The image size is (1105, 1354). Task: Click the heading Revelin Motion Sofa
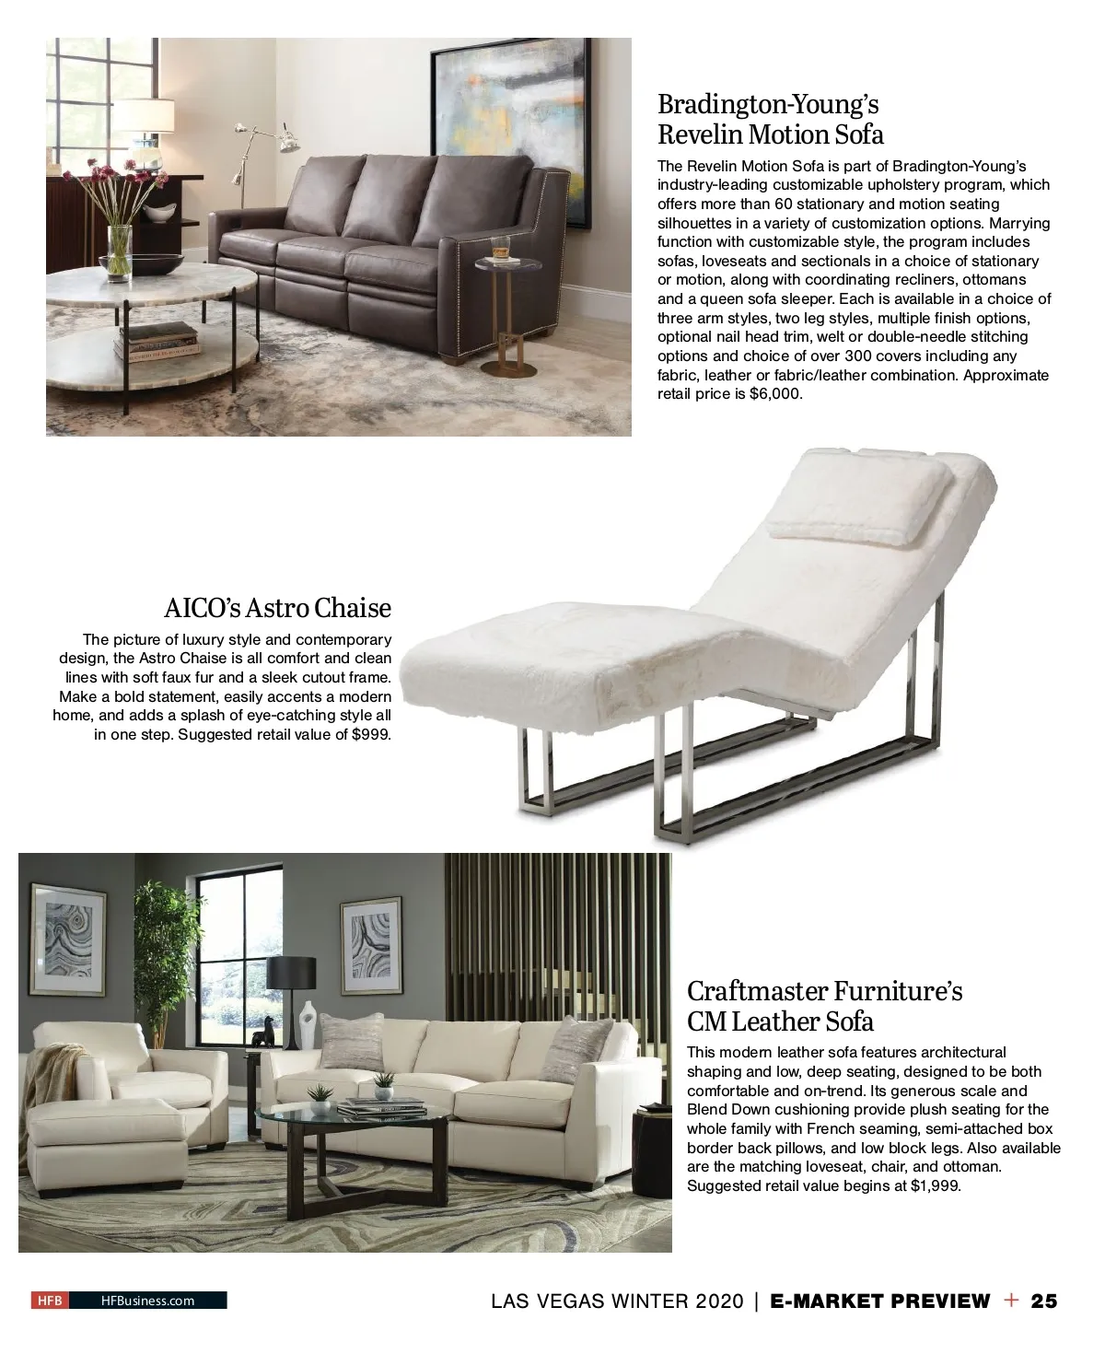pos(770,134)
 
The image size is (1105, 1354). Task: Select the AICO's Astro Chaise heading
pos(277,608)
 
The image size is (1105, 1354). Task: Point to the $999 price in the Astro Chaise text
pos(371,735)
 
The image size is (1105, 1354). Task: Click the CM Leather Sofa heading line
pos(780,1021)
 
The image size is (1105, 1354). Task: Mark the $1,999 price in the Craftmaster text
pos(935,1186)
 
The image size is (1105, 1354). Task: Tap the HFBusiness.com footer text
pos(147,1301)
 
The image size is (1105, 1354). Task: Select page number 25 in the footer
pos(1044,1301)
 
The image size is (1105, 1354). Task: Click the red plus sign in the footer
pos(1012,1300)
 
